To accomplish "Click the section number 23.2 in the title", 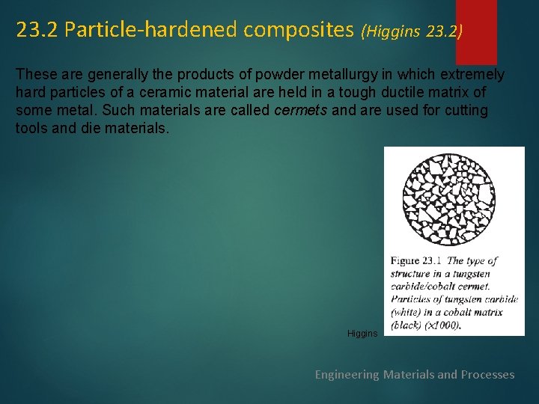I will tap(37, 30).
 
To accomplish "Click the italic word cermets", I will tap(301, 111).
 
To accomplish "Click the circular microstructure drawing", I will tap(448, 198).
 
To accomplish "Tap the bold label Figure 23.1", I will tap(416, 261).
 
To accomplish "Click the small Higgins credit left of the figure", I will tap(362, 333).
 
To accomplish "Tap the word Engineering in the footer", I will tap(347, 374).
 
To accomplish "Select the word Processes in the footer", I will tap(487, 374).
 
